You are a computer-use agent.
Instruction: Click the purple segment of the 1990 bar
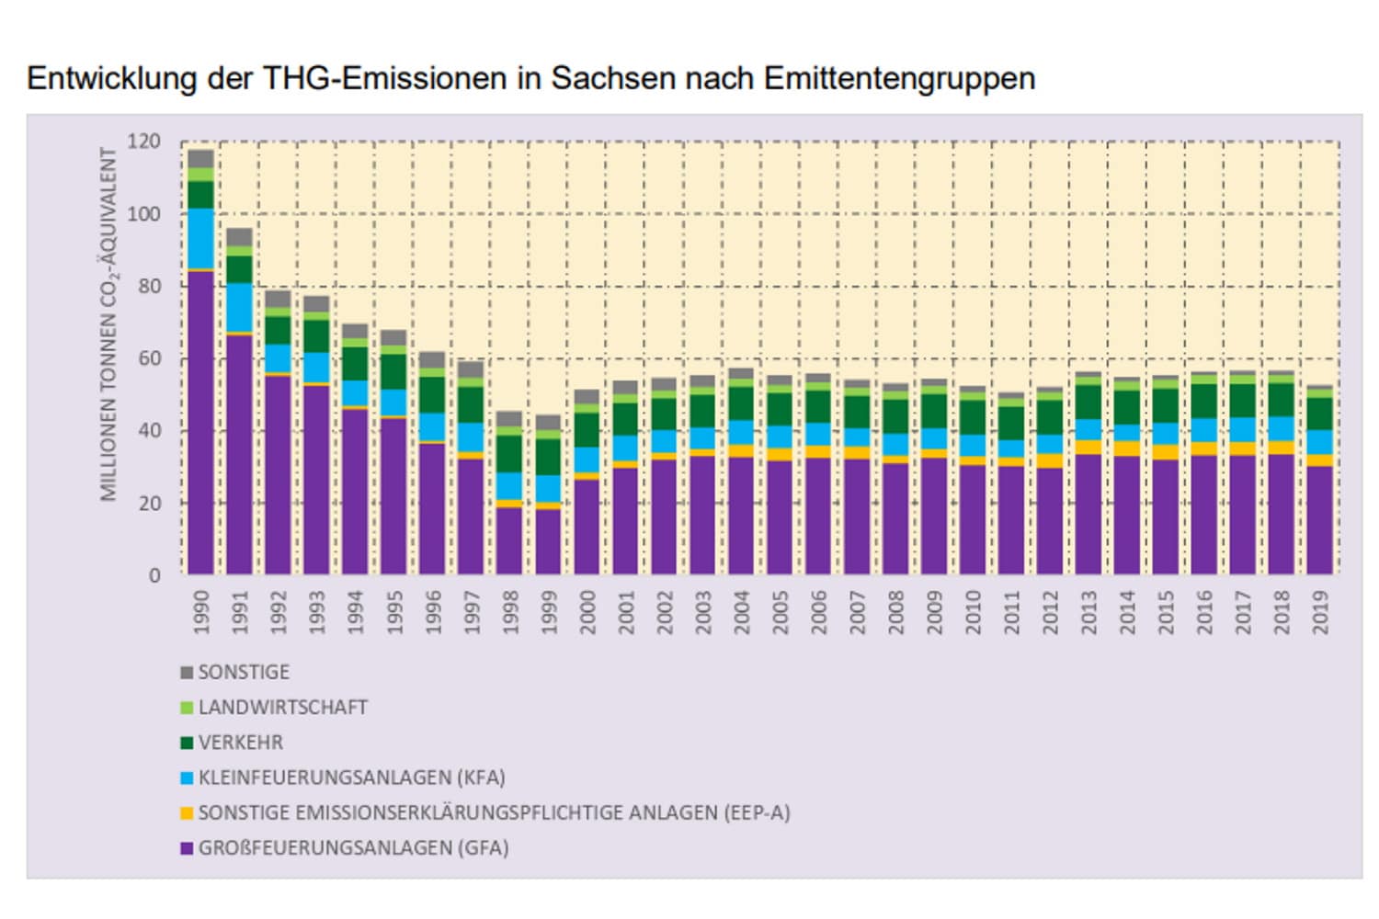click(200, 423)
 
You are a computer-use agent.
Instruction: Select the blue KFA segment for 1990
click(200, 239)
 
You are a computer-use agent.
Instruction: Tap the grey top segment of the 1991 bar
click(239, 236)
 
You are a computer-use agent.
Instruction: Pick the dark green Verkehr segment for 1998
click(509, 454)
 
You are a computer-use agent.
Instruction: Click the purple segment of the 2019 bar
click(1320, 520)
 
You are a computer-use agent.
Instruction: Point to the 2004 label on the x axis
click(741, 612)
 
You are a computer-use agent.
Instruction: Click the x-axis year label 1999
click(548, 612)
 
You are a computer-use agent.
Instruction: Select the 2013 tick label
click(1088, 612)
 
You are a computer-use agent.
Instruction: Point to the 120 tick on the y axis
click(143, 142)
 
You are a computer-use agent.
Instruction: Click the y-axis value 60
click(149, 358)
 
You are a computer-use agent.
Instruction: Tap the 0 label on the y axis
click(154, 575)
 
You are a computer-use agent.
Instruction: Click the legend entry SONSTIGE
click(244, 673)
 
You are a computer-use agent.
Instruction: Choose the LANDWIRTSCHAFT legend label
click(282, 708)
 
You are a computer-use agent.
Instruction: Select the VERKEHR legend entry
click(240, 743)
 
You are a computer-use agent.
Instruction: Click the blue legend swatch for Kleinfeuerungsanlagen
click(187, 778)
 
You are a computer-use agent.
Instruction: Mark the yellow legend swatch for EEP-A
click(187, 813)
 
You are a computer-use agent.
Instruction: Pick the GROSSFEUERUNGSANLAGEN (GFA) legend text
click(353, 848)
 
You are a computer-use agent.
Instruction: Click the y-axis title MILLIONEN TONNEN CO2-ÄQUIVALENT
click(109, 323)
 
